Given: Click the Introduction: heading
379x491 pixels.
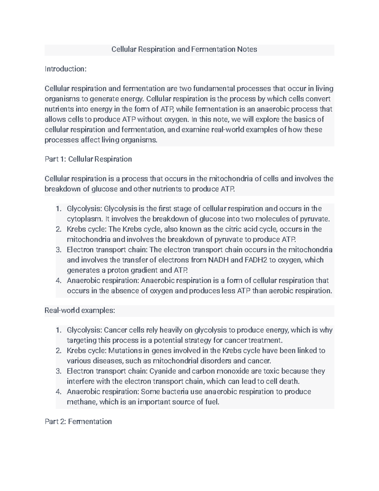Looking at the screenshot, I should (65, 69).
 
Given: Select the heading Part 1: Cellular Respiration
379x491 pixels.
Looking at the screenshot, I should (88, 159).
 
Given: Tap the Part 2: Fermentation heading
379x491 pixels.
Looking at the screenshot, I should (78, 421).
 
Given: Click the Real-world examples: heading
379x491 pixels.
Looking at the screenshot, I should (80, 310).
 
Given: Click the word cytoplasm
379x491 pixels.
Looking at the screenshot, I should (84, 219).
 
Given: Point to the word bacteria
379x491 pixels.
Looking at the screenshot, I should (176, 392).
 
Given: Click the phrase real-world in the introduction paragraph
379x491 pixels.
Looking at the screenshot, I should (227, 130).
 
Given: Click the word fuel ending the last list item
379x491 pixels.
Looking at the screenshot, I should (212, 402).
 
